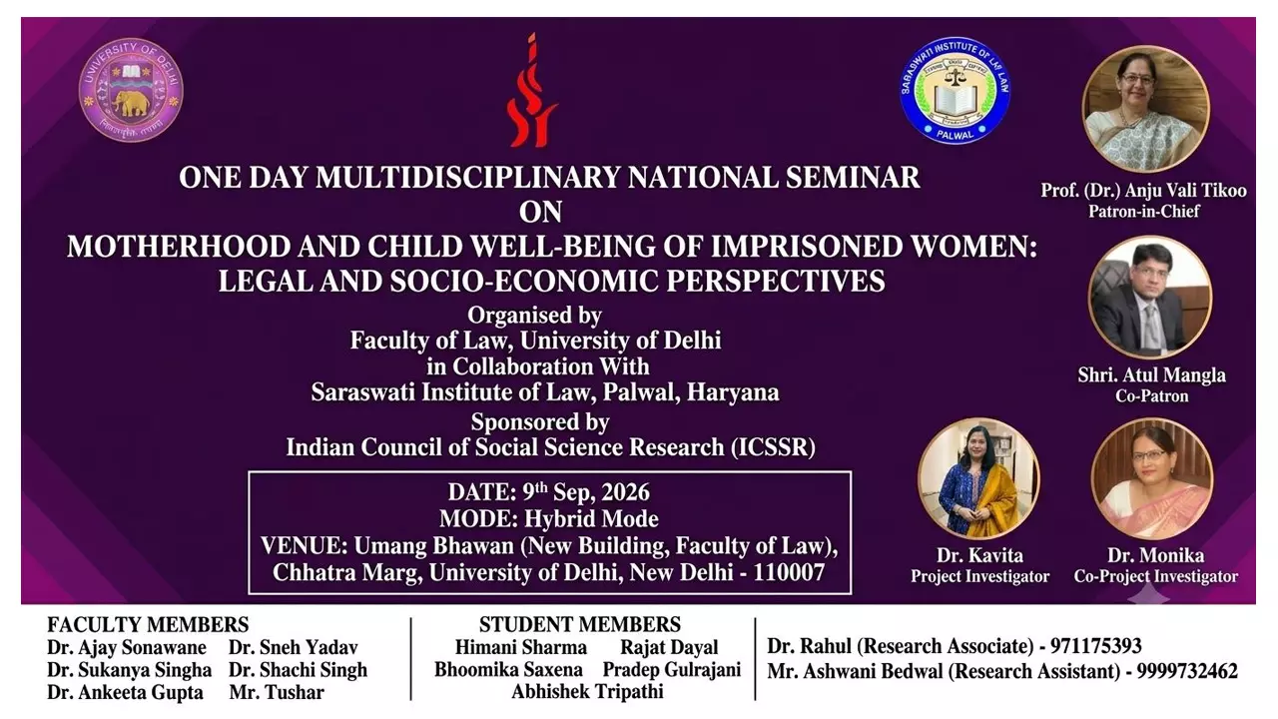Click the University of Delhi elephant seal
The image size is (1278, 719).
coord(131,90)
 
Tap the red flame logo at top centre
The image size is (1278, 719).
coord(532,90)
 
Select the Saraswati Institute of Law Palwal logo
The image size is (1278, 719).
coord(955,90)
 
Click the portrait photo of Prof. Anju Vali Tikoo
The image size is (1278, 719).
coord(1145,110)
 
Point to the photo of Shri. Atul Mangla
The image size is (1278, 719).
coord(1150,298)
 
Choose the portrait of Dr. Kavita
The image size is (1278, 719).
coord(978,478)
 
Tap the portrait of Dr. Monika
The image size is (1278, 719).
coord(1152,478)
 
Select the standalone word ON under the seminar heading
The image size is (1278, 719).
coord(540,212)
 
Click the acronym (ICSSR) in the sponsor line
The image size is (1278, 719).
coord(773,447)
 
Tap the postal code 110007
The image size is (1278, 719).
coord(789,572)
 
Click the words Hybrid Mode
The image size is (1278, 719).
coord(591,518)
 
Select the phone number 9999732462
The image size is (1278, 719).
coord(1187,671)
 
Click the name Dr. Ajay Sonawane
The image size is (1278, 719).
coord(127,648)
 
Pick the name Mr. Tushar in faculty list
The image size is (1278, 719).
coord(277,692)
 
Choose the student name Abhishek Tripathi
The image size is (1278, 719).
coord(587,692)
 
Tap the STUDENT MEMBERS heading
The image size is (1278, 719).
coord(580,624)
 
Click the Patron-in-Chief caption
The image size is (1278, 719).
coord(1144,211)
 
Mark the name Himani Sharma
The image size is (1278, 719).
coord(521,647)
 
